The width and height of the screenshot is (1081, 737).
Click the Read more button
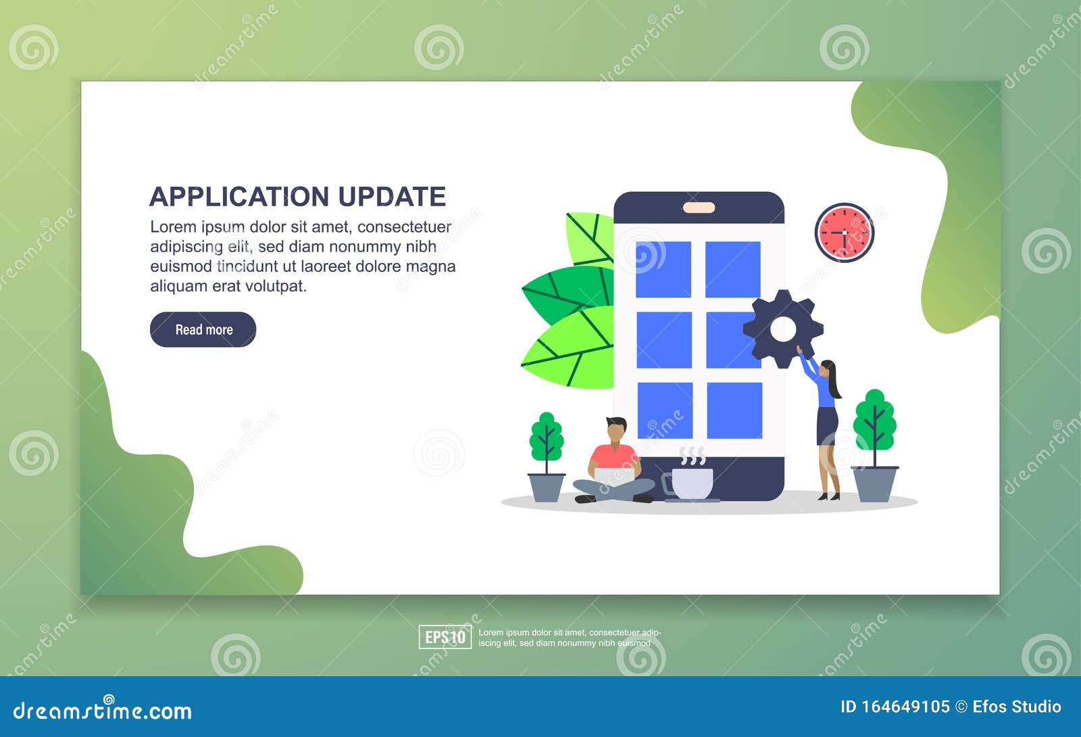[x=203, y=329]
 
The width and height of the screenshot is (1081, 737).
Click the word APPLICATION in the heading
[x=240, y=197]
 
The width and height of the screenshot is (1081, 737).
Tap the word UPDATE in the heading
[x=392, y=197]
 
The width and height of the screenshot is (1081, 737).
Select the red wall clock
[x=844, y=233]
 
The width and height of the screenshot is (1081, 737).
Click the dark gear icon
[x=783, y=329]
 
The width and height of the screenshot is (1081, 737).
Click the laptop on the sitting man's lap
[x=614, y=475]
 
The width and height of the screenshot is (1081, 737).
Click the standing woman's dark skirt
[x=827, y=425]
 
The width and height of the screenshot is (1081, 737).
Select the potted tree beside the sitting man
[x=546, y=456]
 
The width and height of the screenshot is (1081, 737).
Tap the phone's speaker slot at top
[x=699, y=208]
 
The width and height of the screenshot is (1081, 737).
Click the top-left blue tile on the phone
[x=663, y=269]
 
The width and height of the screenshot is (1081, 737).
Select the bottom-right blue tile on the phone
[x=734, y=410]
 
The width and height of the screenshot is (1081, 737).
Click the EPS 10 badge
[x=445, y=637]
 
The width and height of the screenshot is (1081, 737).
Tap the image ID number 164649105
[x=905, y=707]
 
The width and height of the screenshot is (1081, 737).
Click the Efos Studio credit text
[x=1017, y=707]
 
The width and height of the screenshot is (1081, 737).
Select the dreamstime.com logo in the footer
[x=103, y=711]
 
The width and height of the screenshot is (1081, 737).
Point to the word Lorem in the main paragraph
[x=173, y=227]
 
